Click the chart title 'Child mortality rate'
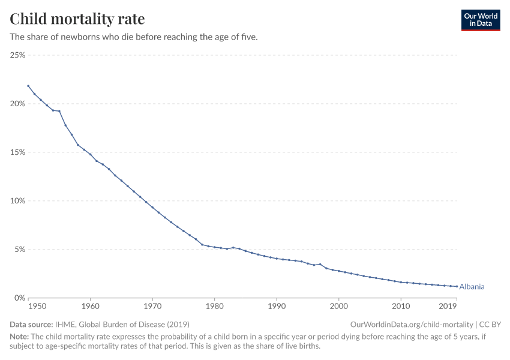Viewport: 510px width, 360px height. tap(77, 19)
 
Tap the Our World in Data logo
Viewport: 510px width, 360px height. tap(480, 20)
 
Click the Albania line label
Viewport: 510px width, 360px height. tap(472, 287)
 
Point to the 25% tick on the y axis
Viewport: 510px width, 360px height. tap(17, 55)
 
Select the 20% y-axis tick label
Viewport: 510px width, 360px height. tap(17, 104)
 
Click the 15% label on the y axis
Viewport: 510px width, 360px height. tap(17, 152)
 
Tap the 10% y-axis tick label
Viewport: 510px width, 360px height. tap(17, 201)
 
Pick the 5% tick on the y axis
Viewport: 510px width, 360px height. tap(19, 250)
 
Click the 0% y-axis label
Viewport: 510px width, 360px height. tap(19, 298)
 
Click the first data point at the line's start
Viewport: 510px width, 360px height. tap(28, 86)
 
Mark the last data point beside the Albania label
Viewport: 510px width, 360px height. tap(457, 286)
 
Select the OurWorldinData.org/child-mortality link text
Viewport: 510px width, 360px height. tap(412, 324)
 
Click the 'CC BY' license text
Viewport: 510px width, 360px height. tap(490, 324)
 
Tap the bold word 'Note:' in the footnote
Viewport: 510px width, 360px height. tap(20, 337)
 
